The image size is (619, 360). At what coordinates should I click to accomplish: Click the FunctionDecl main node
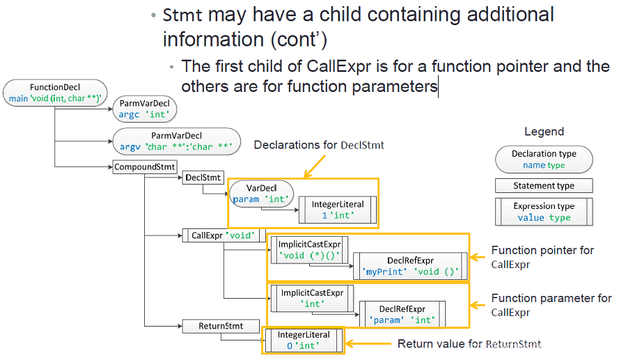[55, 93]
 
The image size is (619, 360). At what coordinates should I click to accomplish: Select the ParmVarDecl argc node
[145, 109]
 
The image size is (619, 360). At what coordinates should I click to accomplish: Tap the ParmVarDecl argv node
[176, 141]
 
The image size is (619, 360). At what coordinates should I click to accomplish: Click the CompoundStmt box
[145, 167]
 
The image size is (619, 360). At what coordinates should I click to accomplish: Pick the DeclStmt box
[203, 178]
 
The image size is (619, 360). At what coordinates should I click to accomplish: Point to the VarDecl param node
[261, 194]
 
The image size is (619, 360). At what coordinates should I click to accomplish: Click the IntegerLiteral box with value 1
[338, 210]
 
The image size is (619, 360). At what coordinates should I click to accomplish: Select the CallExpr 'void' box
[224, 235]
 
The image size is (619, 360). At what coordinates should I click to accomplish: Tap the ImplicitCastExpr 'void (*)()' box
[309, 250]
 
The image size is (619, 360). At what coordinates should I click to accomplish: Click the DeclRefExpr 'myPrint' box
[410, 266]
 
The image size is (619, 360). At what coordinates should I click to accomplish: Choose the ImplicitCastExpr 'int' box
[312, 299]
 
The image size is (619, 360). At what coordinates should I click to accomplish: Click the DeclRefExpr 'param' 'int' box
[402, 314]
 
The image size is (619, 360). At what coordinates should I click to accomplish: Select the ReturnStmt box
[221, 326]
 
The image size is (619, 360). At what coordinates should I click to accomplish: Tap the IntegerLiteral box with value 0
[304, 341]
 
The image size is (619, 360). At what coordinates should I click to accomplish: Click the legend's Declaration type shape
[544, 159]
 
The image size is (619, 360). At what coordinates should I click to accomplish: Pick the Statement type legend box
[544, 185]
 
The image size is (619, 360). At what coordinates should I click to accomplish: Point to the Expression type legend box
[544, 212]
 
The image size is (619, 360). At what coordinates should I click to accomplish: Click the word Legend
[544, 132]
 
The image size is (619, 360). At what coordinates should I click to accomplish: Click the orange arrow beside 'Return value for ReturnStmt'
[368, 344]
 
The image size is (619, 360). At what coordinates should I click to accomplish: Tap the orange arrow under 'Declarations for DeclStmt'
[315, 166]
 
